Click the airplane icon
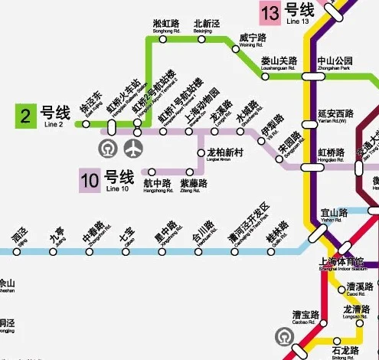click(x=137, y=146)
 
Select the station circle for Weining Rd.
click(x=236, y=49)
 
